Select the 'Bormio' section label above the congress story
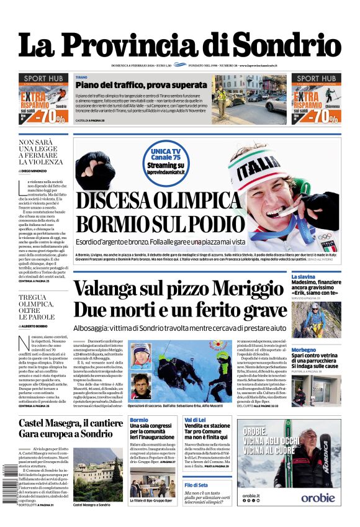139,420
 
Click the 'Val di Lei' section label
195,420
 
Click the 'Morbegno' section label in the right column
304,350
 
